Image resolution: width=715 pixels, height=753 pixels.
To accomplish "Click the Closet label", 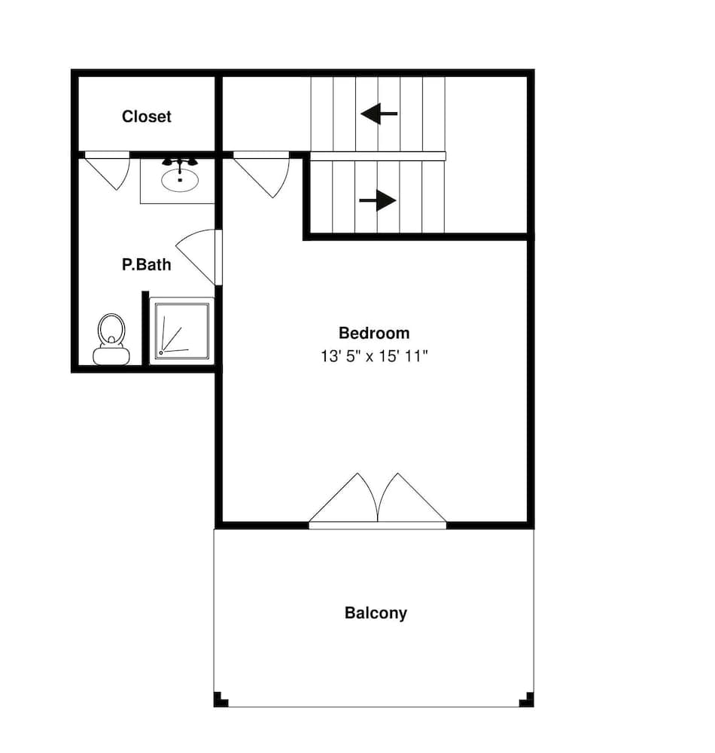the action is coord(146,116).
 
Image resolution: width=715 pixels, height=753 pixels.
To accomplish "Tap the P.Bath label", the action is coord(146,264).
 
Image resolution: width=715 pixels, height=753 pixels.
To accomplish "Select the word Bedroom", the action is coord(374,333).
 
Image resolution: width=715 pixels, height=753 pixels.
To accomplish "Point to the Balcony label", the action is coord(376,613).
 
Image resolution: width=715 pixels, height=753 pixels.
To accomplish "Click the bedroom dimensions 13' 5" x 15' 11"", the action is coord(374,356).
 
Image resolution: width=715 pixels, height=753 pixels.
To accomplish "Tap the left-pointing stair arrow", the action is coord(379,114).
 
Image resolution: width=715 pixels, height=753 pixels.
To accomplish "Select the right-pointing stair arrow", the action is coord(378,200).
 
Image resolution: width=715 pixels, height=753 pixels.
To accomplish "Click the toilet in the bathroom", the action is coord(111,339).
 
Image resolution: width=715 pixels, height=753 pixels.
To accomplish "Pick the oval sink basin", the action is coord(180,180).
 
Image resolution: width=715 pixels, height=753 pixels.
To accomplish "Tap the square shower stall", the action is coord(182,331).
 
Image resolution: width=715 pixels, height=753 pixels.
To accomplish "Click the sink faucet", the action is coord(180,163).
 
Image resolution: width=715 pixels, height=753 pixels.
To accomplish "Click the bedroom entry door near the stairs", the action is coord(262,175).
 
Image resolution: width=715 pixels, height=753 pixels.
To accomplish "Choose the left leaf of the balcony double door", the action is coord(344,498).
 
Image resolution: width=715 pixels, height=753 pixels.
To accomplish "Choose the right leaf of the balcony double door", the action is coord(412,498).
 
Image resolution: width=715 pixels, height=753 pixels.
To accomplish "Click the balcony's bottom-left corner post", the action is coord(221,700).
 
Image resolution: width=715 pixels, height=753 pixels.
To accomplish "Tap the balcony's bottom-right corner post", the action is coord(526,700).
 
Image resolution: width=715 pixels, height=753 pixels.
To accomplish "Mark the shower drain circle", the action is coord(161,353).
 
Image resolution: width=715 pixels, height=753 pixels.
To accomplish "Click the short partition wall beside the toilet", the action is coord(145,328).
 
